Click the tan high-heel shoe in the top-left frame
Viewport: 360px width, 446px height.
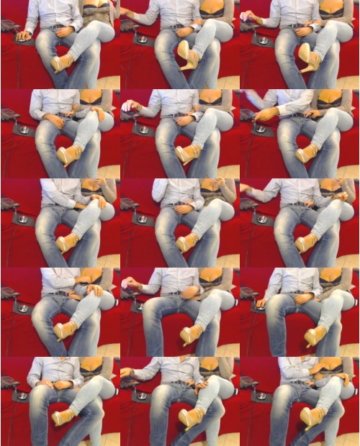pos(63,63)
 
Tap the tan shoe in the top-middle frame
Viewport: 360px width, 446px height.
pos(189,55)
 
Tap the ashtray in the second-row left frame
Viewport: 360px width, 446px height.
pos(22,129)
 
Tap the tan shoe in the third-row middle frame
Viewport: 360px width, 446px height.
pos(186,242)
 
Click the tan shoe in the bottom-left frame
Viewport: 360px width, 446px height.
pos(62,417)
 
